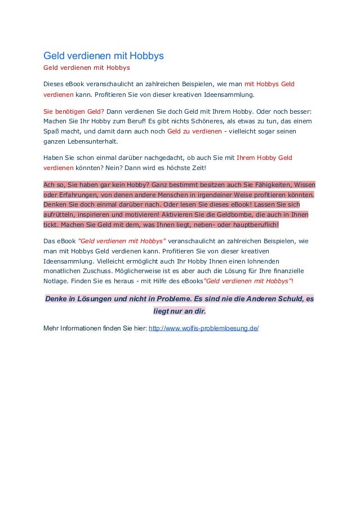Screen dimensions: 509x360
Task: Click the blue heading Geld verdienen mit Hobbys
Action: tap(104, 56)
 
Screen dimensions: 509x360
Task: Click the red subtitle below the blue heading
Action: tap(87, 68)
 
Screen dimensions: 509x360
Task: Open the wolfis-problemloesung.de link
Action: tap(203, 328)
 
